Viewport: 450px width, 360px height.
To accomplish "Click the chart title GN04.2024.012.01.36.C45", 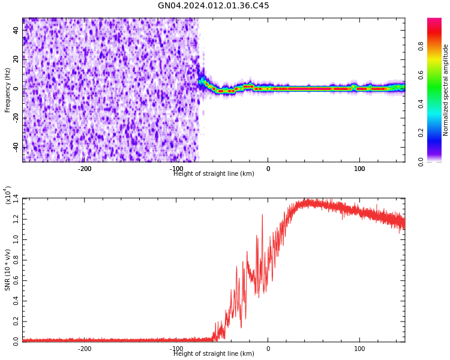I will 213,6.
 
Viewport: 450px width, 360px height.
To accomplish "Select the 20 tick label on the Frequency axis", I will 16,59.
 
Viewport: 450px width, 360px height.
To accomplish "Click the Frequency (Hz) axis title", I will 8,90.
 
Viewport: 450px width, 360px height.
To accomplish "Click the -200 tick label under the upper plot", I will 85,169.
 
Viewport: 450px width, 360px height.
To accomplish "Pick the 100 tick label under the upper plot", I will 359,169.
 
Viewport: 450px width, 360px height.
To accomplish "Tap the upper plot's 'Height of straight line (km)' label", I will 214,174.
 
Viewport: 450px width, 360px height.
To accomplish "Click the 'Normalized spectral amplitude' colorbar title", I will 446,90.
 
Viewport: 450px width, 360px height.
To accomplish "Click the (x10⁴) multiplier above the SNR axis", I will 8,196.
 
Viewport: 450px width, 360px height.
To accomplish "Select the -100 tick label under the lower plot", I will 176,349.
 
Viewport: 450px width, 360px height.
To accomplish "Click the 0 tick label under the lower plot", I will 268,349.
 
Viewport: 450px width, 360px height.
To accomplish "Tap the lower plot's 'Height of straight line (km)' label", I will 214,354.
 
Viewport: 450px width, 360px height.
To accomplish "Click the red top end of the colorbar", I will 434,21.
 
